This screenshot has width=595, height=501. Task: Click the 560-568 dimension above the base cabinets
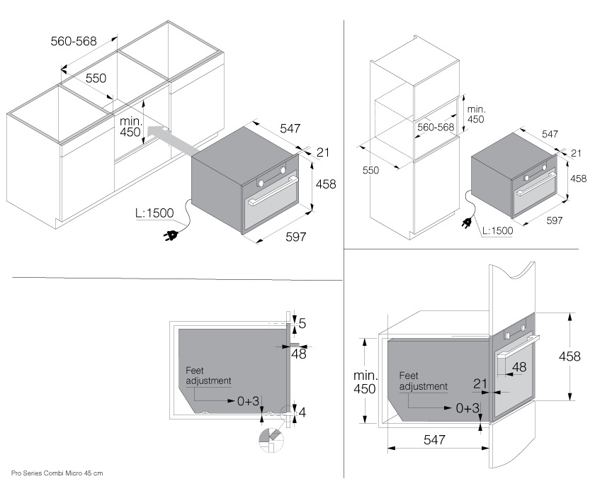[x=73, y=42]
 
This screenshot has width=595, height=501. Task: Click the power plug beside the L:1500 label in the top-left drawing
[x=172, y=235]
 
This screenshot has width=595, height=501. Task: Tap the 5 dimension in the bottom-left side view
[x=302, y=325]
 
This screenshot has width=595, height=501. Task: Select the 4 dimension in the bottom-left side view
[x=302, y=412]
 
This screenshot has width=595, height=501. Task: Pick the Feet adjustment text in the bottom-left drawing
[x=209, y=376]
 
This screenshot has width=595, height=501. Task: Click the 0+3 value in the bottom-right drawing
[x=468, y=408]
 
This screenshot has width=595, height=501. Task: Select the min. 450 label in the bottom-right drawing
[x=365, y=382]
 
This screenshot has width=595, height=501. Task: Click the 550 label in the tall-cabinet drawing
[x=370, y=171]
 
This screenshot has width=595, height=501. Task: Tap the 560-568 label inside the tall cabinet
[x=436, y=128]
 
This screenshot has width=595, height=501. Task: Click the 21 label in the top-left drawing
[x=324, y=152]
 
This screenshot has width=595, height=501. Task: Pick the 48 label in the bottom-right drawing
[x=519, y=367]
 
